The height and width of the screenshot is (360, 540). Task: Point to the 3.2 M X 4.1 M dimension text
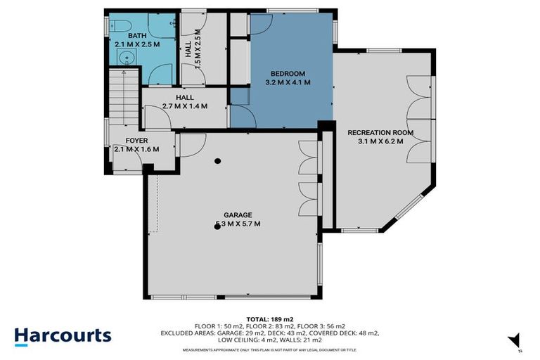[288, 82]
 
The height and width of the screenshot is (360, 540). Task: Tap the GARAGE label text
[238, 215]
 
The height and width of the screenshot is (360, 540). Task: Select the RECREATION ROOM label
[380, 132]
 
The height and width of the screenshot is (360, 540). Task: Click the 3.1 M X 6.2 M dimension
[380, 141]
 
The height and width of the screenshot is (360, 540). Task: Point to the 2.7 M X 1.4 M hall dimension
[186, 106]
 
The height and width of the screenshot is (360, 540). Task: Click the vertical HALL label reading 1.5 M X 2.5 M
[188, 51]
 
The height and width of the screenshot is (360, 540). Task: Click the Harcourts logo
[63, 335]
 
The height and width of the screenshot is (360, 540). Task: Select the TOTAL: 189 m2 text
[269, 319]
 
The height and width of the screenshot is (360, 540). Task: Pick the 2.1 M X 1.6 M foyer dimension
[136, 149]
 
